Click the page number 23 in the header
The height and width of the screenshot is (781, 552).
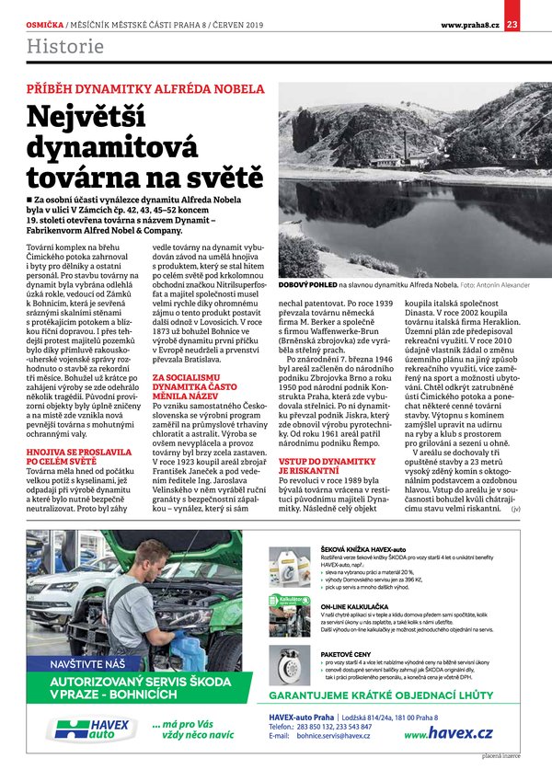point(537,24)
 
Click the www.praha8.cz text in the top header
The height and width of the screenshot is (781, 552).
point(469,24)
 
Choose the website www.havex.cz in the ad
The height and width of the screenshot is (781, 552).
point(448,732)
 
